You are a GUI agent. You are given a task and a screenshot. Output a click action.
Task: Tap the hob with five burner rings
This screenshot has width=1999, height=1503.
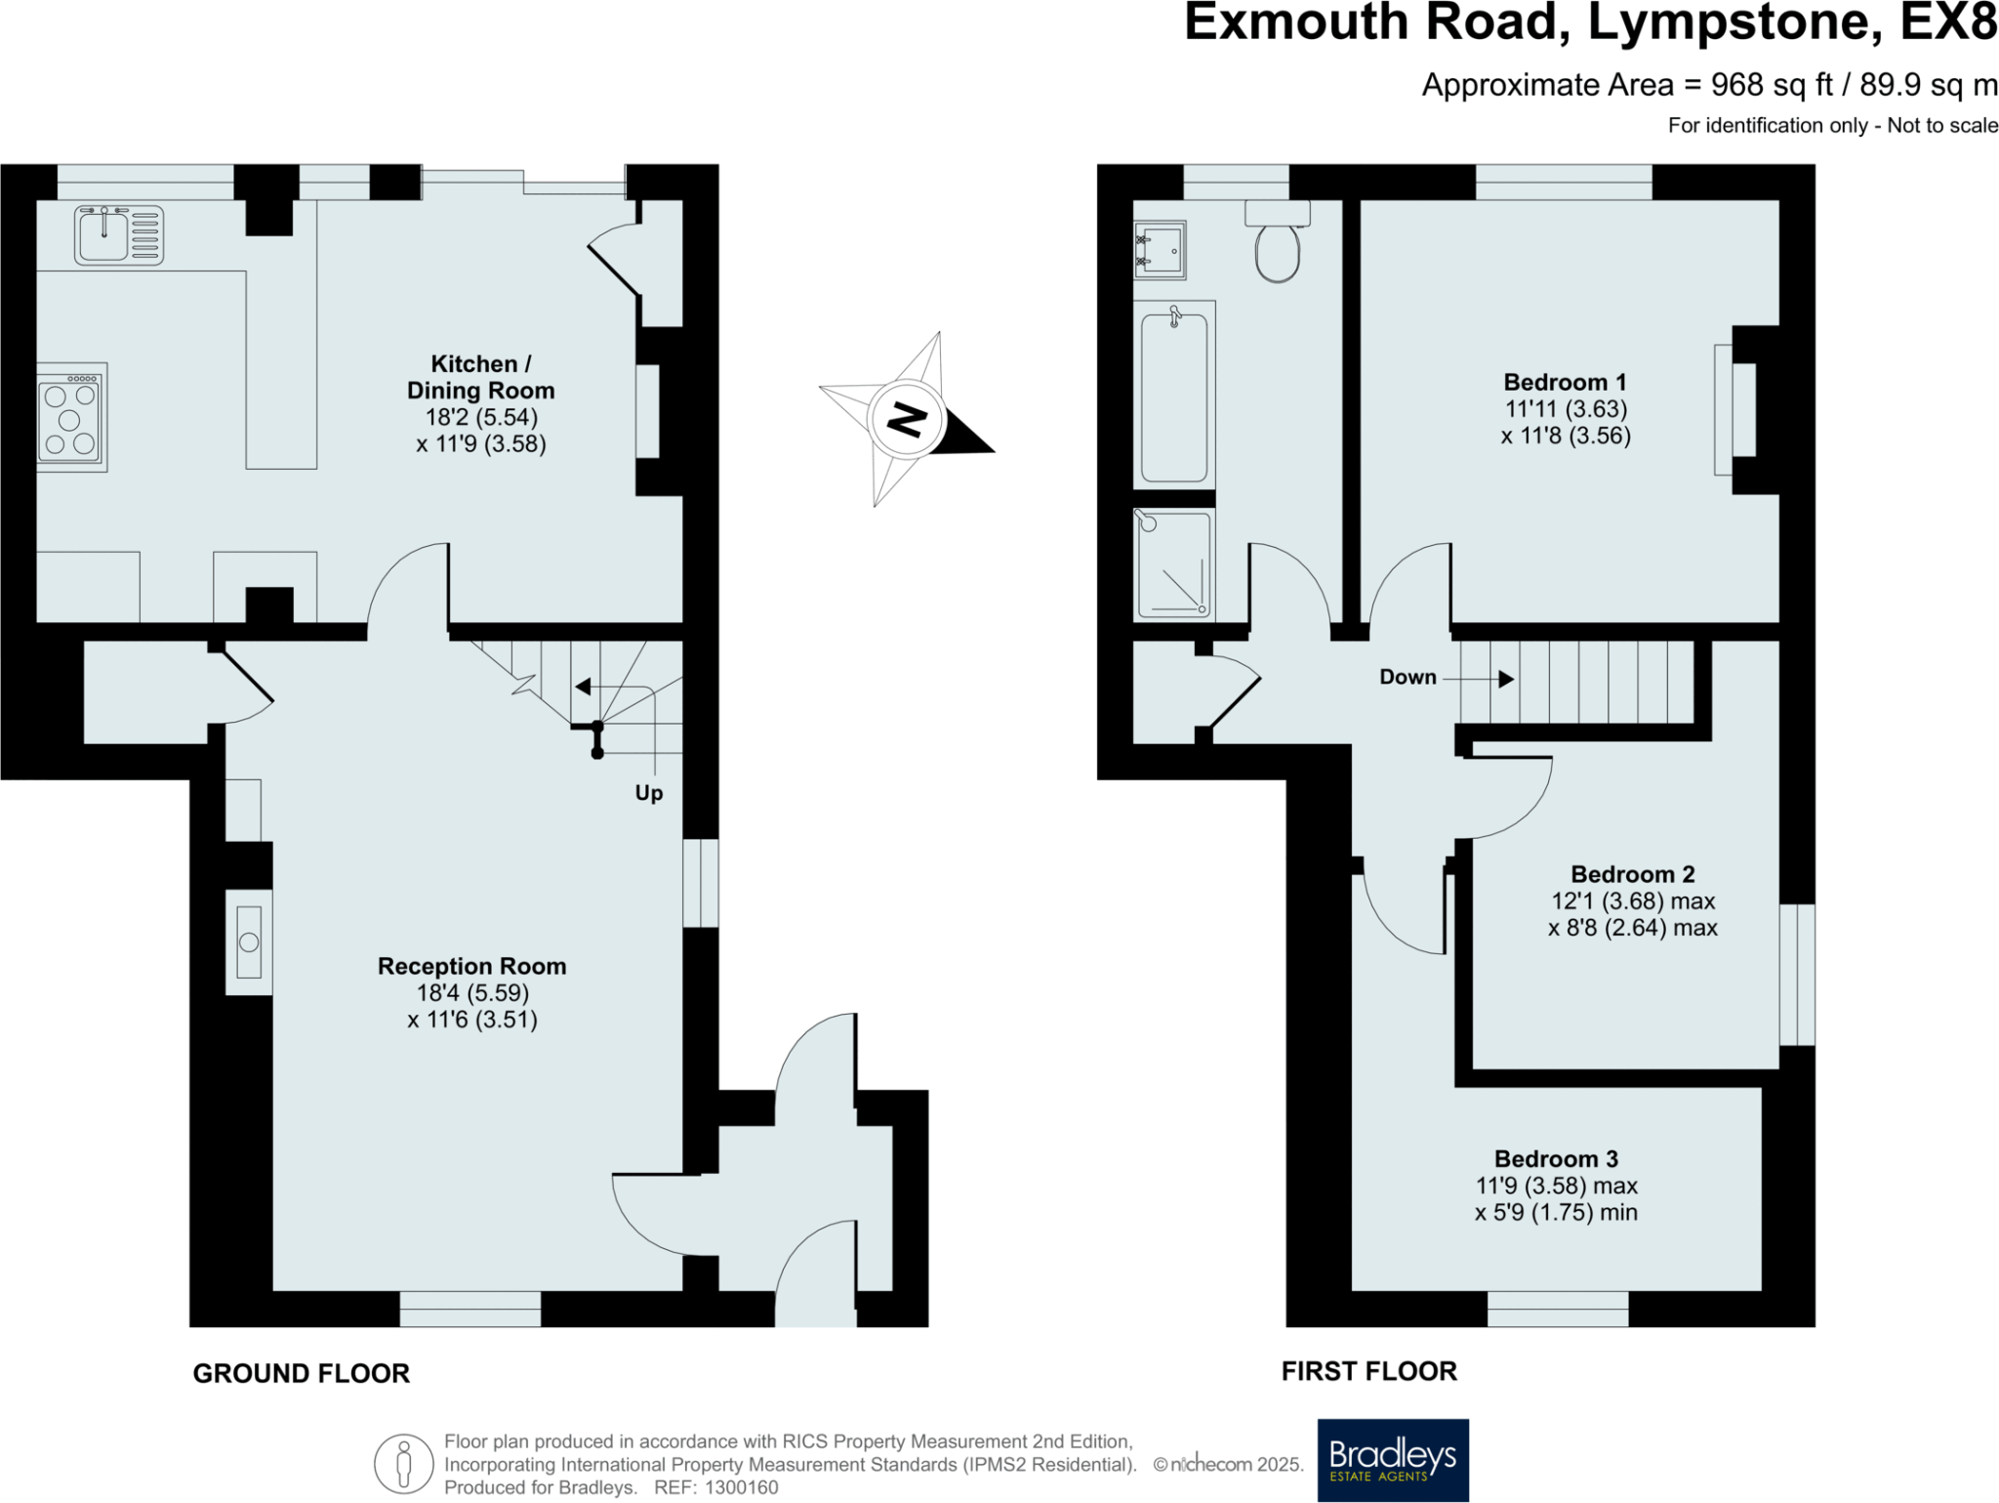71,418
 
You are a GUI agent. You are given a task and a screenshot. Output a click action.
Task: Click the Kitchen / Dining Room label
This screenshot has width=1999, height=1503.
480,377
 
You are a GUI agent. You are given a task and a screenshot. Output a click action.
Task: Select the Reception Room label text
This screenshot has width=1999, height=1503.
471,966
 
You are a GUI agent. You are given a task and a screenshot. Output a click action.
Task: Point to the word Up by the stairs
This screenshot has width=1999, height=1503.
648,793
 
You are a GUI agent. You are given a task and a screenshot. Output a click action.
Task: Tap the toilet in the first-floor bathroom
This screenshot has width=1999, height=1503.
1277,250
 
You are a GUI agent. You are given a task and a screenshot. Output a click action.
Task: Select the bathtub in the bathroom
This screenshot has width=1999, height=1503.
1173,396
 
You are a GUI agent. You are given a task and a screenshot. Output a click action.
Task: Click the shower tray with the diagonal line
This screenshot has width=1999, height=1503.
1174,564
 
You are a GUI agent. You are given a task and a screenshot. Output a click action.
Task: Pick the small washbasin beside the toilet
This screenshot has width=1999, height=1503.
1160,250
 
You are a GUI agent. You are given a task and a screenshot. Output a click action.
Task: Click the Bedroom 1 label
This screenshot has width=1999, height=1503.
1565,382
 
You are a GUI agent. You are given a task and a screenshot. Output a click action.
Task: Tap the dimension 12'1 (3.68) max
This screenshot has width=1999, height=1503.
1633,901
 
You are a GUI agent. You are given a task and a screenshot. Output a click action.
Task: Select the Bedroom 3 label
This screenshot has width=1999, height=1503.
1556,1159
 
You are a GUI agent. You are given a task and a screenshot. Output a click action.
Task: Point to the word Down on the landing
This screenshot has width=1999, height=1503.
1407,677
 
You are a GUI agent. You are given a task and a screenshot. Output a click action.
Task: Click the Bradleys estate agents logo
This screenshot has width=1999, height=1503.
1392,1460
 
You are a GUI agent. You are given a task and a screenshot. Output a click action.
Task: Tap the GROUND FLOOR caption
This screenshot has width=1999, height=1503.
301,1373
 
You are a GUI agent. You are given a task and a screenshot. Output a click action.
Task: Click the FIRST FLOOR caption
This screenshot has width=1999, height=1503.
1368,1371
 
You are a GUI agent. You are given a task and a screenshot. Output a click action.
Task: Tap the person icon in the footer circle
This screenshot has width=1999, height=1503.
403,1465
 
